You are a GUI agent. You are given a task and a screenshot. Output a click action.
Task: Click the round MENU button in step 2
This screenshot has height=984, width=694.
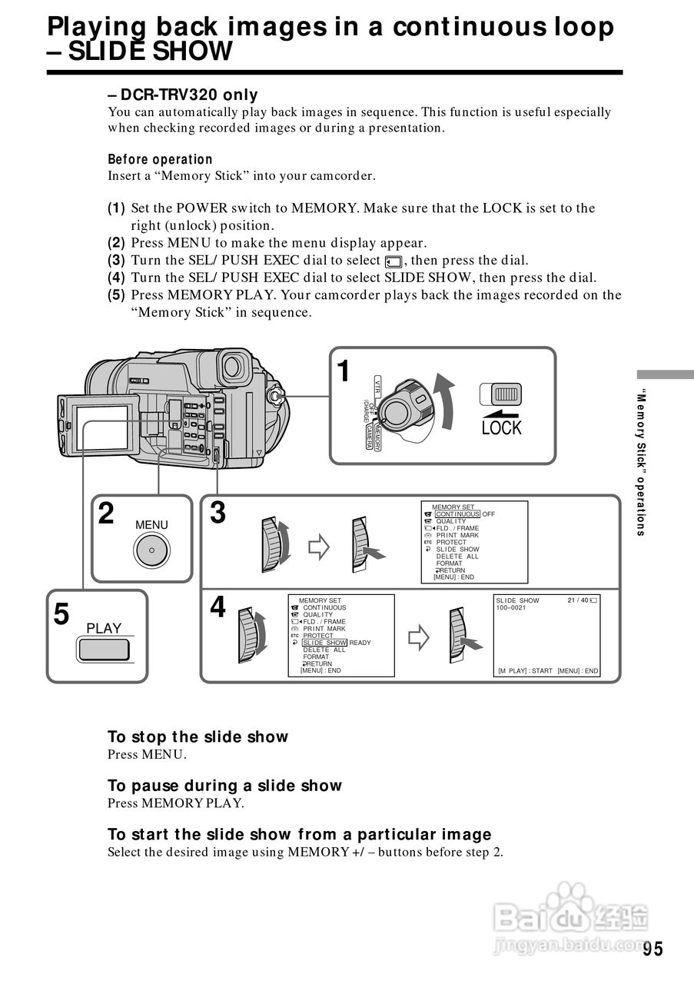[151, 550]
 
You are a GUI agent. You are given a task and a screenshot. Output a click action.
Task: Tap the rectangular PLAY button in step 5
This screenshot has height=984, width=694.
[104, 650]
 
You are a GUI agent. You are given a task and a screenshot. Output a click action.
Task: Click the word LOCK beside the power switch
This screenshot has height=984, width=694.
[501, 428]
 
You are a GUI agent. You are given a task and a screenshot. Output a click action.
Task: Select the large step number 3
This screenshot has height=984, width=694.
[218, 513]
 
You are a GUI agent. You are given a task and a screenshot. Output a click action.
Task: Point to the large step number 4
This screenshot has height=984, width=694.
[218, 608]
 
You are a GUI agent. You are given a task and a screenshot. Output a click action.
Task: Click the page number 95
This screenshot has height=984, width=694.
[652, 949]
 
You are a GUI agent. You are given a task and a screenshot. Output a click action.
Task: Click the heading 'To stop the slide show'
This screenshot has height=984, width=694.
[198, 737]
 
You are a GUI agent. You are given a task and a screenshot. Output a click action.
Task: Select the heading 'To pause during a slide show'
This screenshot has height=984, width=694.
[224, 786]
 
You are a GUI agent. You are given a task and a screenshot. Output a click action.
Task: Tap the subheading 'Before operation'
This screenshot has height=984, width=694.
[160, 160]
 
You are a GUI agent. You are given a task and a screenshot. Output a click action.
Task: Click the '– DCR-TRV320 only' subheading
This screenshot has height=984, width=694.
[183, 95]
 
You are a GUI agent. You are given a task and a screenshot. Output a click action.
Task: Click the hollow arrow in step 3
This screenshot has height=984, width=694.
[318, 547]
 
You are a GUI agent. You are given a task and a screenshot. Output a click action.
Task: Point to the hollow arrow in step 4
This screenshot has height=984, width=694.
[417, 637]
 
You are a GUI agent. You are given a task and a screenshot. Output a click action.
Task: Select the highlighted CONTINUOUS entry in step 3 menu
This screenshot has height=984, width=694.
[457, 514]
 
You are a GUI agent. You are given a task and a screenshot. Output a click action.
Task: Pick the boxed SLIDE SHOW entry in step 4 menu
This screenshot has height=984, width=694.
[324, 643]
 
